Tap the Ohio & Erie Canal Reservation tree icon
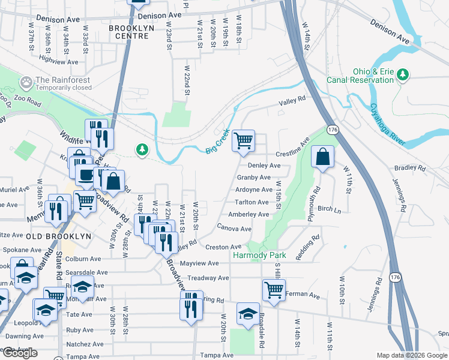click(405, 74)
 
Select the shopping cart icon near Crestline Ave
click(244, 141)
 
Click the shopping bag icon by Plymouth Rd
click(323, 157)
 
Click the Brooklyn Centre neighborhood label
click(136, 32)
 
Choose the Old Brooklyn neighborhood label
click(59, 236)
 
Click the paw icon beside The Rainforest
click(26, 81)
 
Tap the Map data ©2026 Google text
click(411, 355)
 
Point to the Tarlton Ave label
click(252, 202)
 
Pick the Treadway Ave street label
click(208, 278)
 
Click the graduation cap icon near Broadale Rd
click(247, 313)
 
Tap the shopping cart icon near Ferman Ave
click(274, 290)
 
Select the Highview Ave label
click(58, 61)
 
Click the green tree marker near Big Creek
click(142, 148)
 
